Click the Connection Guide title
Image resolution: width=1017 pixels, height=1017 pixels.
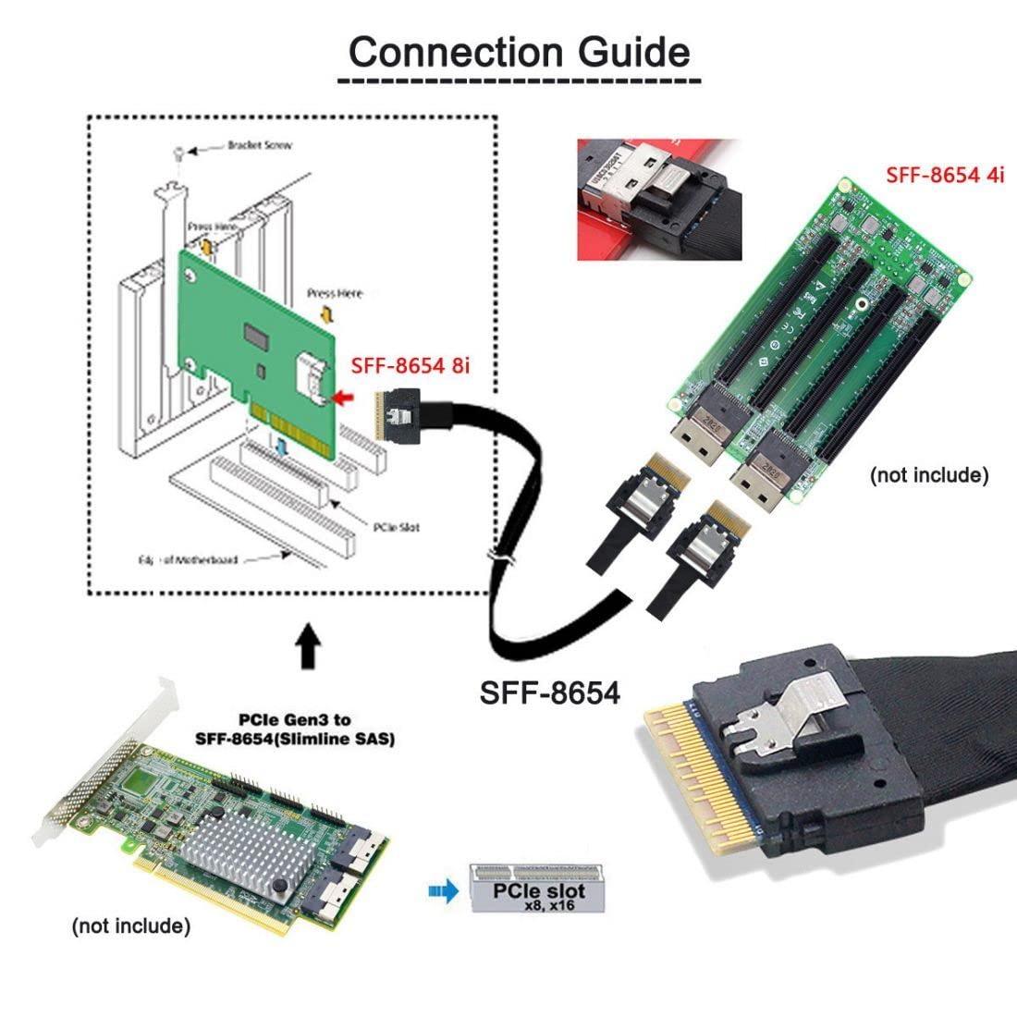[520, 52]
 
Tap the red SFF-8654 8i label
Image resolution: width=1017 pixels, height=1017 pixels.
[410, 366]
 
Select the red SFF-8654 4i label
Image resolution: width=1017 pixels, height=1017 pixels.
[944, 174]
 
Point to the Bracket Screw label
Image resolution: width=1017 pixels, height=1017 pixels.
[247, 146]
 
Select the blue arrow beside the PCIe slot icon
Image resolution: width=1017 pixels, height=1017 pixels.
[444, 892]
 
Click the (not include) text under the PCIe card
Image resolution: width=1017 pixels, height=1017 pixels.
[130, 925]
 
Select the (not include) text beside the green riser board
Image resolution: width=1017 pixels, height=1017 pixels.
[928, 475]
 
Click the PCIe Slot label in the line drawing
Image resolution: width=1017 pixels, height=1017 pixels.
[396, 527]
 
